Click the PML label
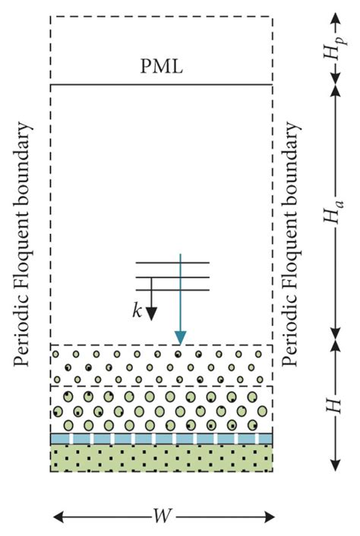(161, 68)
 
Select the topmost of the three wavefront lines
(172, 263)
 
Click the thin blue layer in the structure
(161, 439)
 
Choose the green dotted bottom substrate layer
(161, 458)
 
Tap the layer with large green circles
(161, 409)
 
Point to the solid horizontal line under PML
(161, 84)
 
